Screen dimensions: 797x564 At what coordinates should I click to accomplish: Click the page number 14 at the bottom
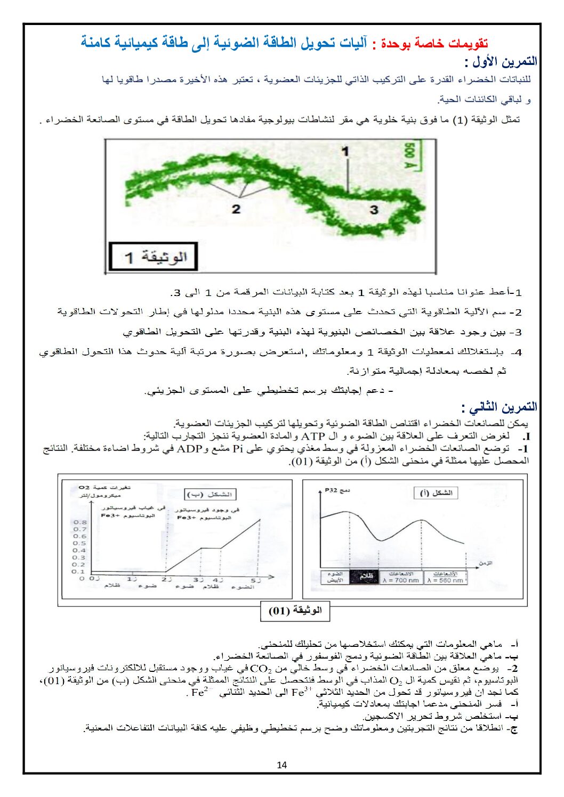[x=282, y=765]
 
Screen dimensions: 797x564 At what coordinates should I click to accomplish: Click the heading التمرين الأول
[x=501, y=62]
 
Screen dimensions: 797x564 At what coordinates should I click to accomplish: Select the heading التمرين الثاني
[x=499, y=407]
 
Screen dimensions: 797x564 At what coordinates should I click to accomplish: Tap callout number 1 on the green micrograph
[x=345, y=152]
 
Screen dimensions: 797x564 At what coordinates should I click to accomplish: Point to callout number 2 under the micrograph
[x=236, y=209]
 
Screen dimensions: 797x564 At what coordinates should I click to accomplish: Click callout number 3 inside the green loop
[x=374, y=210]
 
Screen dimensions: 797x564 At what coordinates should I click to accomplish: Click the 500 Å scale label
[x=410, y=156]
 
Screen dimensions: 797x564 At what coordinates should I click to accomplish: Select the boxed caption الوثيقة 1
[x=154, y=257]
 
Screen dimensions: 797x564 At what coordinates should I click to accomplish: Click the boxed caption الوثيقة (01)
[x=295, y=611]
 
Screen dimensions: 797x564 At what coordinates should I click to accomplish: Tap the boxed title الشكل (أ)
[x=437, y=493]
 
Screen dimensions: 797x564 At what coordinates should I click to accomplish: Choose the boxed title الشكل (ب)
[x=211, y=495]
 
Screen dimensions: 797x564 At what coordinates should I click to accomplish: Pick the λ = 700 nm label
[x=401, y=580]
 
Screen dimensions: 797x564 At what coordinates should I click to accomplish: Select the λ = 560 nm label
[x=445, y=580]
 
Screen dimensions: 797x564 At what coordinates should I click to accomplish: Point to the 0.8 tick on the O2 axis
[x=79, y=522]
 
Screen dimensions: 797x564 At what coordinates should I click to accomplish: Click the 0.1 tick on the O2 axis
[x=79, y=571]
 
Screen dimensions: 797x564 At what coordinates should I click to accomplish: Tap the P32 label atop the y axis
[x=331, y=490]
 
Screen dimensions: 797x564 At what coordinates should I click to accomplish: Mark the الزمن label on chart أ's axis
[x=485, y=563]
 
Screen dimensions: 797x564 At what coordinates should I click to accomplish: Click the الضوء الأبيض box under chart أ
[x=335, y=577]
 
